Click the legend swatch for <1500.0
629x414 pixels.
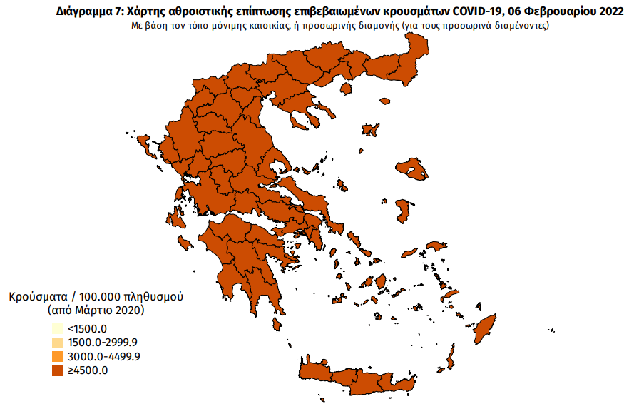click(x=57, y=329)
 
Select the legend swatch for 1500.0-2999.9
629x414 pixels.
click(x=57, y=343)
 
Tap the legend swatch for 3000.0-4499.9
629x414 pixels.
click(x=57, y=356)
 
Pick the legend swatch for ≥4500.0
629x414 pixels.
click(x=57, y=370)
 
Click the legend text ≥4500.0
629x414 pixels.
click(x=87, y=370)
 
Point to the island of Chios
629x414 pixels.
click(x=404, y=211)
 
